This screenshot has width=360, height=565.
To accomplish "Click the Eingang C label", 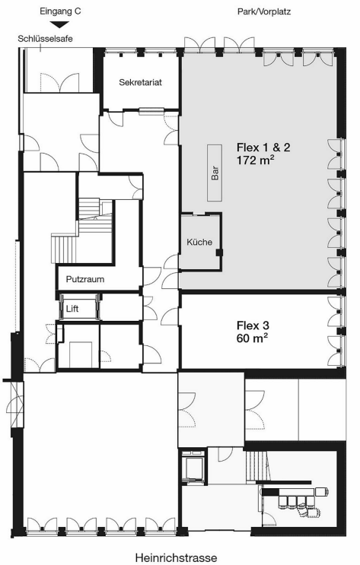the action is (60, 11).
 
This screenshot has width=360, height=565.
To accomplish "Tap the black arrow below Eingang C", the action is (60, 24).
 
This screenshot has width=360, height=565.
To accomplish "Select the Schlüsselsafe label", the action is (46, 39).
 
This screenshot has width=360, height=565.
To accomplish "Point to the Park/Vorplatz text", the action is (264, 11).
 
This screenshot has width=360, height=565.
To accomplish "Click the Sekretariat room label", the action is (140, 82).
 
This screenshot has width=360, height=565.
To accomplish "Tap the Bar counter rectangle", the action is (215, 173).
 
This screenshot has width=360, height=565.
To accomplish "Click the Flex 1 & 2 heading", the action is (263, 148).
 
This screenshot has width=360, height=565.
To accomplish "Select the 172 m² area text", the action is (254, 160).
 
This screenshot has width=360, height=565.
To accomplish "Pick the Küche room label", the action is (199, 242).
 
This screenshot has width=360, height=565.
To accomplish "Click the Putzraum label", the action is (85, 279).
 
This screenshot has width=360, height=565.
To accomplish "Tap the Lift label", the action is (72, 309).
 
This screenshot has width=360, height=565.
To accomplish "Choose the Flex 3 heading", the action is (253, 325).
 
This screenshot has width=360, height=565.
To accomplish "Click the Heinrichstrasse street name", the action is (177, 558).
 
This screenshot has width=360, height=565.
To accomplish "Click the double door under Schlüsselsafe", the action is (59, 82).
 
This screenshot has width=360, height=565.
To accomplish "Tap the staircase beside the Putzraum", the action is (82, 230).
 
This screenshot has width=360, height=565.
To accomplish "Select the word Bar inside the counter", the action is (215, 173).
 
